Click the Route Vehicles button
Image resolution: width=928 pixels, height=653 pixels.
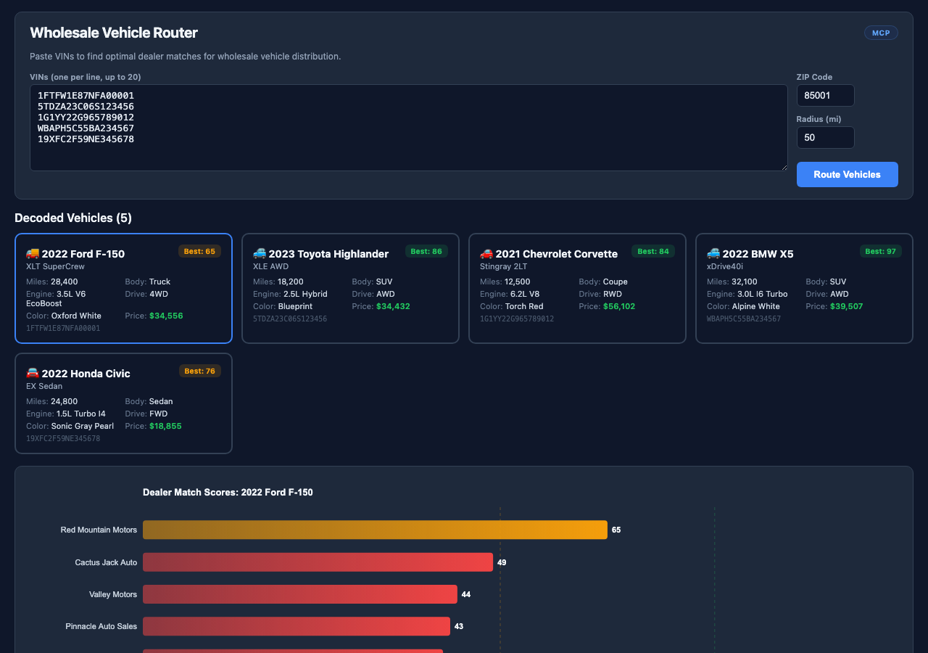tap(847, 174)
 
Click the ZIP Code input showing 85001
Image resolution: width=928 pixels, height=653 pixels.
tap(825, 95)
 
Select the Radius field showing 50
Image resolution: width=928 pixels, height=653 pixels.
tap(825, 137)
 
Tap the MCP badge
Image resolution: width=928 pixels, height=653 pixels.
tap(881, 33)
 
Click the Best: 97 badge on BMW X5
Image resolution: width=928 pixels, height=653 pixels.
tap(881, 251)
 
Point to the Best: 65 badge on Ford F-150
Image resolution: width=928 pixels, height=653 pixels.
tap(199, 251)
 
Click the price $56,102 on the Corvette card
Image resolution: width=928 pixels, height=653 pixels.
tap(619, 306)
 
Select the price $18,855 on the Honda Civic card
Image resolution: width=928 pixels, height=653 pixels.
tap(165, 426)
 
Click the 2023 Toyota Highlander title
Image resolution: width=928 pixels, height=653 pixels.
tap(328, 254)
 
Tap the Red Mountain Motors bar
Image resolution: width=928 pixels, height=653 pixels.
tap(374, 530)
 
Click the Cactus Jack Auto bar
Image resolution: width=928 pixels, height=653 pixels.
tap(318, 562)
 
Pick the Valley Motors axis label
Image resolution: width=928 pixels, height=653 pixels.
tap(113, 594)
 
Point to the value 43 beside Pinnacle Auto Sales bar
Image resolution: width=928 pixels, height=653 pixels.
tap(458, 626)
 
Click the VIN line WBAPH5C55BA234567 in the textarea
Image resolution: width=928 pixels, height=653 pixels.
tap(86, 128)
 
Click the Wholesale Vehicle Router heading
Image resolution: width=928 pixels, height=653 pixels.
tap(114, 33)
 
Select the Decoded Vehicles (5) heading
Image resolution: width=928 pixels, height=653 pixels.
tap(73, 218)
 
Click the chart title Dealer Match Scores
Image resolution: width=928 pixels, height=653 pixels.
tap(228, 492)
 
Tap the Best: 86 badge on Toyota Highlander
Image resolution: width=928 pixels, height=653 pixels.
tap(426, 251)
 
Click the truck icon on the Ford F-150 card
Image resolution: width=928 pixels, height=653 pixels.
tap(33, 253)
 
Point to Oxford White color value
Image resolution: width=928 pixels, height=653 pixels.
tap(76, 316)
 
